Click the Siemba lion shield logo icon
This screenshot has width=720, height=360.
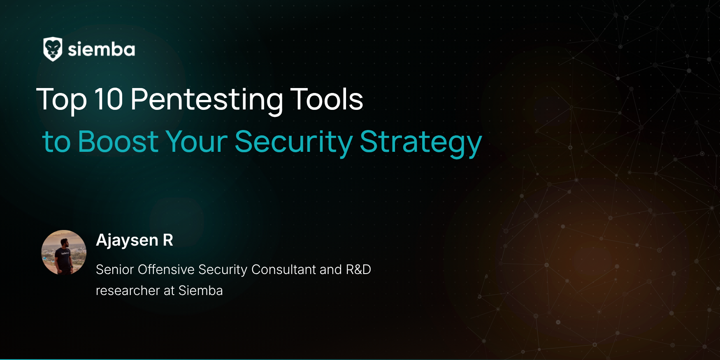tap(53, 49)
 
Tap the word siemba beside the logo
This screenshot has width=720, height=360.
tap(101, 49)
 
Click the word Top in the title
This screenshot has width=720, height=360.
tap(62, 100)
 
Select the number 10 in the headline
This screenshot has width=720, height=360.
tap(109, 99)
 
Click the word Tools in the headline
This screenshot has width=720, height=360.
tap(327, 99)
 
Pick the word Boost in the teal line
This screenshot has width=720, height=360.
tap(118, 142)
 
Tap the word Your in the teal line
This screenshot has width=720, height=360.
tap(196, 142)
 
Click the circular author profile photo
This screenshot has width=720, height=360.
tap(64, 252)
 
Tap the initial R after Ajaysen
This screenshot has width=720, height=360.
tap(168, 240)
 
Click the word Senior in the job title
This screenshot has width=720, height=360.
tap(115, 269)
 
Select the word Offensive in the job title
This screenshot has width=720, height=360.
tap(166, 269)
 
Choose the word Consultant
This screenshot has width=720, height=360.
tap(284, 269)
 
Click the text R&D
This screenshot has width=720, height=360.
tap(358, 269)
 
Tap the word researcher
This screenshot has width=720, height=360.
tap(128, 291)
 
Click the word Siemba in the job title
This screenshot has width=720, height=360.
tap(200, 290)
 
